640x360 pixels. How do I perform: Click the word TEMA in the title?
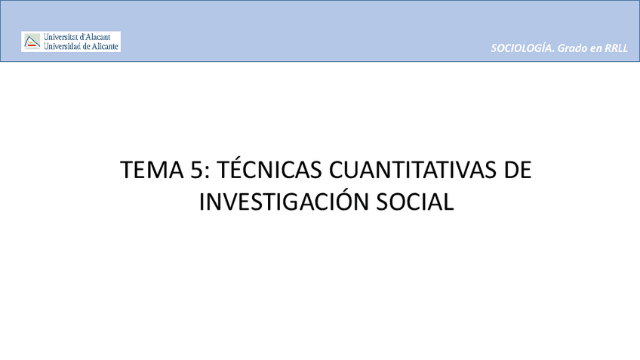point(149,171)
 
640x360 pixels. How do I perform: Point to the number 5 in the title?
point(196,171)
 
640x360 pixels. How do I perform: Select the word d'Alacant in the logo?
point(100,37)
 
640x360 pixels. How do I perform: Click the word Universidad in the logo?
point(65,46)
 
